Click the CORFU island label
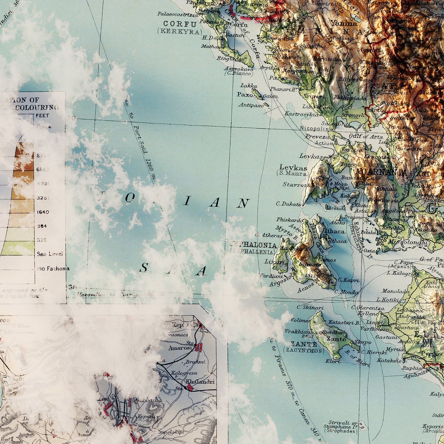pos(180,24)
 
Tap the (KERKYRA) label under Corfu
pos(180,31)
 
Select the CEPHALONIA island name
pos(253,245)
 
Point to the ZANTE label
pos(304,344)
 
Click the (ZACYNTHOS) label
pos(304,350)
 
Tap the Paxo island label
pos(245,94)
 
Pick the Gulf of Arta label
pos(366,137)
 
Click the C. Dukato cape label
pos(288,204)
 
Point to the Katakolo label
pos(389,360)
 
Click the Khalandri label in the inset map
pos(200,382)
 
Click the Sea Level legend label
pos(49,254)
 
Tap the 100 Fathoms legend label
pos(53,269)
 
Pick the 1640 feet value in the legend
pos(43,212)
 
